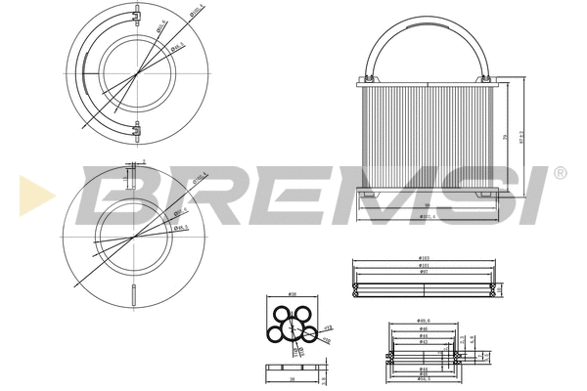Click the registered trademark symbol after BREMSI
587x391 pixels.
coord(560,173)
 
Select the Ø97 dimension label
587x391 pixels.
coord(424,272)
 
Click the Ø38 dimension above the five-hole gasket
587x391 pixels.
coord(293,294)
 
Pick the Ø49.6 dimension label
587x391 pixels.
coord(424,320)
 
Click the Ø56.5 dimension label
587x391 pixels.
coord(424,378)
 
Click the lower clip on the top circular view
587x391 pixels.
coord(136,127)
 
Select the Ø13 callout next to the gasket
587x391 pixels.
coord(329,329)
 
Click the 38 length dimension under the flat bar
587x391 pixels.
coord(293,377)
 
